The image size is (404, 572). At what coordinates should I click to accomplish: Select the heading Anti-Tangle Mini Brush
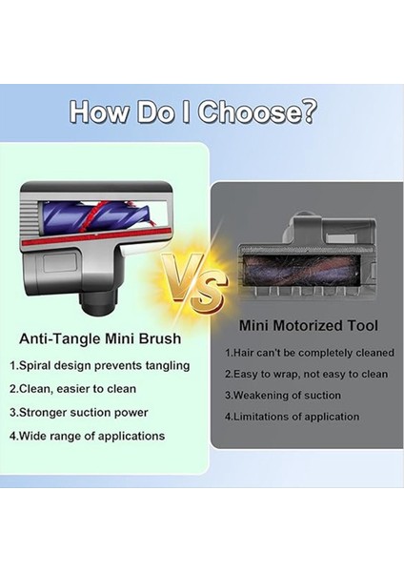tap(102, 338)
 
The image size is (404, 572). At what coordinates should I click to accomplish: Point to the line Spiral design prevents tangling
tap(100, 365)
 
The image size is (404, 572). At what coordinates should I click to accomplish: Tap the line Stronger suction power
tap(79, 412)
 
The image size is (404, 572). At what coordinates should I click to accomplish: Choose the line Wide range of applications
tap(88, 436)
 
